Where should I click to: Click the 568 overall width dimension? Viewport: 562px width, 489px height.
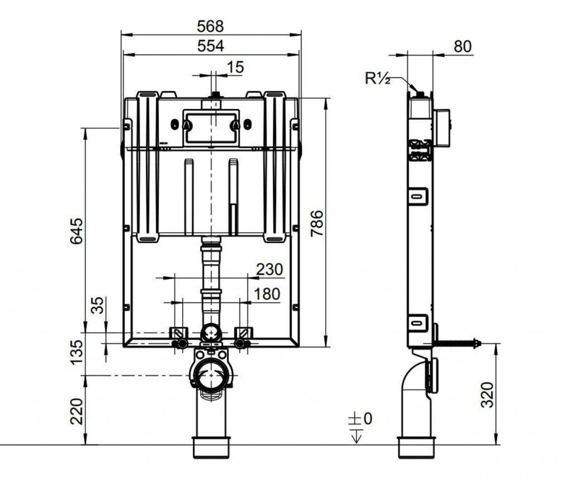210,26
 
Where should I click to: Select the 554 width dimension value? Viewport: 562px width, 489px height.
210,46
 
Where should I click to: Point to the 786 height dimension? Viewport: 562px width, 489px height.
317,223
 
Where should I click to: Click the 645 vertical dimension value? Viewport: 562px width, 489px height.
76,231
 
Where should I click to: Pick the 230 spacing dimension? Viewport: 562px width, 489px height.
269,269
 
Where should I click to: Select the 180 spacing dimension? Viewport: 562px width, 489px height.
267,294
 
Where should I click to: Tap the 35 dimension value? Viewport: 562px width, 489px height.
97,305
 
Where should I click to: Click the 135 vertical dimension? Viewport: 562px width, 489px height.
76,352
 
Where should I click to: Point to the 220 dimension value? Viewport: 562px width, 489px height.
76,411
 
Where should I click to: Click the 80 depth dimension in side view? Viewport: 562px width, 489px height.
463,47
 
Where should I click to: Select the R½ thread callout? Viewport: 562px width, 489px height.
378,78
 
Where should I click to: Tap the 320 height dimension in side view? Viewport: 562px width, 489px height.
487,395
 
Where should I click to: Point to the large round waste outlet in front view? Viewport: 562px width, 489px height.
211,375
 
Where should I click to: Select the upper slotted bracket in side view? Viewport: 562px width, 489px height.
418,196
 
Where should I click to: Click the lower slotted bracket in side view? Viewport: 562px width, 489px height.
418,323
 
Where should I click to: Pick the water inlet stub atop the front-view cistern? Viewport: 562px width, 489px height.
215,95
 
